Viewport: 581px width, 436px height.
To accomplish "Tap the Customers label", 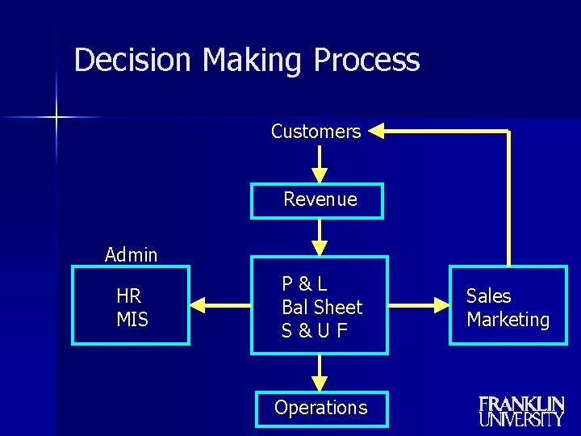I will [316, 132].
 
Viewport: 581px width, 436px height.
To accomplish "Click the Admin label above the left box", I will [131, 255].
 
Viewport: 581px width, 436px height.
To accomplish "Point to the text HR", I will [128, 296].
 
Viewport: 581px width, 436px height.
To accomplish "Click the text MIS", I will [132, 320].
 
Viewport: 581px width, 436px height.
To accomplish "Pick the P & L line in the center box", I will [304, 283].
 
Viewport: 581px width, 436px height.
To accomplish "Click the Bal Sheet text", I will [322, 307].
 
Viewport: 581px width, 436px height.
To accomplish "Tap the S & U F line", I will [315, 330].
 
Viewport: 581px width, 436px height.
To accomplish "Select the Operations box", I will [320, 409].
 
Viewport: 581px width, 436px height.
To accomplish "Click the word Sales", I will [488, 296].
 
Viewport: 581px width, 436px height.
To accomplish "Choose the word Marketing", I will [508, 320].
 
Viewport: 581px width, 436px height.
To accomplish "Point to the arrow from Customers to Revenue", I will [320, 165].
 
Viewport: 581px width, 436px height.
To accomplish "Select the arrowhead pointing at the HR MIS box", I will [199, 305].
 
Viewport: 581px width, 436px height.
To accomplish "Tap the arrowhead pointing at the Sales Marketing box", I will [441, 305].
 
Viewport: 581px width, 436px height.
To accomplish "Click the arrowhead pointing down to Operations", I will [320, 381].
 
